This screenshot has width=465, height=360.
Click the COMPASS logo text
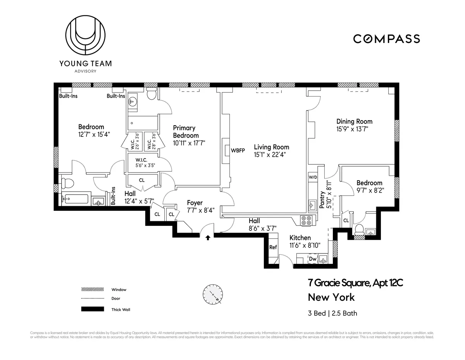386,39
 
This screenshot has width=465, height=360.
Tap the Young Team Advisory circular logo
85,36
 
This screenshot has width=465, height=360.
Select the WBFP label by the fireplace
238,150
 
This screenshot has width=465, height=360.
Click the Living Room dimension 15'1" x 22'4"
271,155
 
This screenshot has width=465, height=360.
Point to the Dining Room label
354,122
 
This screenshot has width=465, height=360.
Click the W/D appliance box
313,177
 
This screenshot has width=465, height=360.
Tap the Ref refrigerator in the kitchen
273,247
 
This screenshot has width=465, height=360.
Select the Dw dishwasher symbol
312,259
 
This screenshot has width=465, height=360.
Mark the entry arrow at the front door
208,238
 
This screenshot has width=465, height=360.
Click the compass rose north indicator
212,294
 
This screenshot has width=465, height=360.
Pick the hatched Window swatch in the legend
93,289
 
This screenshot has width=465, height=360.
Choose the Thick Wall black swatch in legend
93,309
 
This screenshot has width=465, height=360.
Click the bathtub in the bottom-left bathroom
76,199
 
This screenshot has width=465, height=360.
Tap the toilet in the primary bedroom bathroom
152,93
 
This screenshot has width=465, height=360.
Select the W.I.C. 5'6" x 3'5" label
145,162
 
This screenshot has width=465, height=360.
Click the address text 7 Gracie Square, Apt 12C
355,283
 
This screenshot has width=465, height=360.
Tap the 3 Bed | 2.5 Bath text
332,313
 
